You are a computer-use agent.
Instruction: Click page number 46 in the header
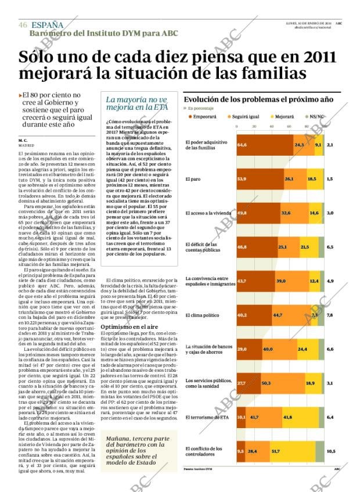point(23,25)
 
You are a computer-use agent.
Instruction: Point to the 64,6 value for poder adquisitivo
point(242,144)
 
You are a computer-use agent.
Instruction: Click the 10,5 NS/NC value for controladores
point(331,451)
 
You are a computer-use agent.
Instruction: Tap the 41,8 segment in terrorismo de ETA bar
point(287,417)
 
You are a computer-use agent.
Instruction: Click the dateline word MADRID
point(26,145)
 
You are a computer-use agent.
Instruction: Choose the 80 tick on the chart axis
point(307,126)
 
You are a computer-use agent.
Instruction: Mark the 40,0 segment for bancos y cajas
point(268,349)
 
